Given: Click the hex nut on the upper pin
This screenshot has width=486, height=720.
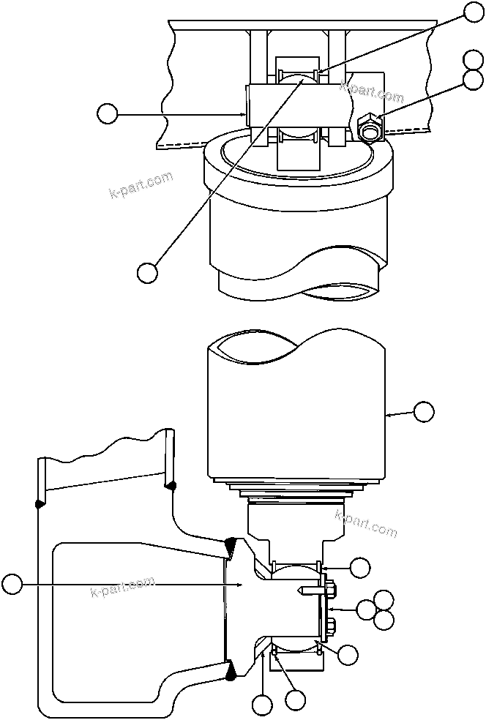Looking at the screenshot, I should tap(370, 127).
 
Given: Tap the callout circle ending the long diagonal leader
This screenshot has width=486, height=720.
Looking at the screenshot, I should tap(147, 271).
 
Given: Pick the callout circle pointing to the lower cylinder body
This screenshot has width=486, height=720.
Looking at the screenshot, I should tap(424, 411).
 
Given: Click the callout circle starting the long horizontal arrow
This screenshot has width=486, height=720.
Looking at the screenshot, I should tap(12, 584).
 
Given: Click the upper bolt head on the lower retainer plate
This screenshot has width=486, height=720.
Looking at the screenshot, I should tap(331, 588).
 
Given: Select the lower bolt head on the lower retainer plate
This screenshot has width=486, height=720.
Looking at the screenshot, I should tap(331, 624).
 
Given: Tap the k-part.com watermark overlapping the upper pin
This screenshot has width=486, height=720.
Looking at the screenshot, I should tap(372, 92).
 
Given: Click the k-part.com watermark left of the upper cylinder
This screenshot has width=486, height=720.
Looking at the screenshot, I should tap(141, 184).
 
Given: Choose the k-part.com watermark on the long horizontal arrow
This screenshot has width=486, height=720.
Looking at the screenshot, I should tap(122, 586).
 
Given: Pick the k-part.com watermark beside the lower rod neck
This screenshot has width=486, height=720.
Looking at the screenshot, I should tap(365, 522).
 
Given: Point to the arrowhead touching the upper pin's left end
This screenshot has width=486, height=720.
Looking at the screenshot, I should tap(244, 113).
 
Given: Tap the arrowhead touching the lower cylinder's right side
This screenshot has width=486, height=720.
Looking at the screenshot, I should tap(389, 414).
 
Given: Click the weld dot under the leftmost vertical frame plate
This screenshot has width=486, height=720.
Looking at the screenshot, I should tap(38, 503).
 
